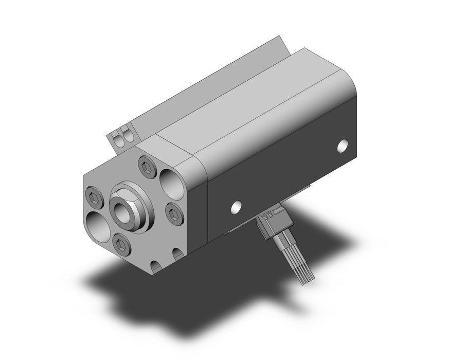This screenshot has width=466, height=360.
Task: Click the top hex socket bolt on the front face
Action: coord(145,165)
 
